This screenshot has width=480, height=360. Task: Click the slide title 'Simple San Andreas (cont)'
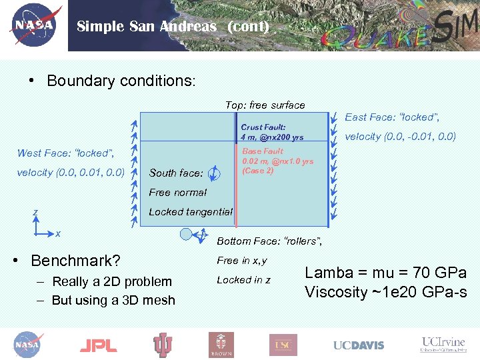(x=173, y=27)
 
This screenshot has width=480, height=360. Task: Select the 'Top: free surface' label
(x=265, y=105)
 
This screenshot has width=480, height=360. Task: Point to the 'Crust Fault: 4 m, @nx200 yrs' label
(x=271, y=132)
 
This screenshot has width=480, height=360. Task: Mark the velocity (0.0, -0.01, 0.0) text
(x=399, y=137)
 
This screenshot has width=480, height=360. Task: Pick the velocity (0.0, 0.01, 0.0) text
(x=70, y=173)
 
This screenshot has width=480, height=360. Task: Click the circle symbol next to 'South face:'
(x=213, y=173)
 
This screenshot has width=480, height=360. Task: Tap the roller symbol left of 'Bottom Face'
(x=186, y=234)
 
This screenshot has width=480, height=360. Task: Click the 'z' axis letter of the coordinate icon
(x=35, y=213)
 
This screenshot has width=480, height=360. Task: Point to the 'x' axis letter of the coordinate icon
(x=58, y=233)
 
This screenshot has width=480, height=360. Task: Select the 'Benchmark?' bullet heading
(x=75, y=260)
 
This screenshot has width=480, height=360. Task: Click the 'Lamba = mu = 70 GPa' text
(x=385, y=272)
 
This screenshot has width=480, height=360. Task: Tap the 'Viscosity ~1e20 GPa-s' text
(x=385, y=292)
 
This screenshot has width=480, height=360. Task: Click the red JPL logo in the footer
(x=98, y=345)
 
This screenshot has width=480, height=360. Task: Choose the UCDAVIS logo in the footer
(x=359, y=345)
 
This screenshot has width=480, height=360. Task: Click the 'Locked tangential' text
(x=191, y=212)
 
